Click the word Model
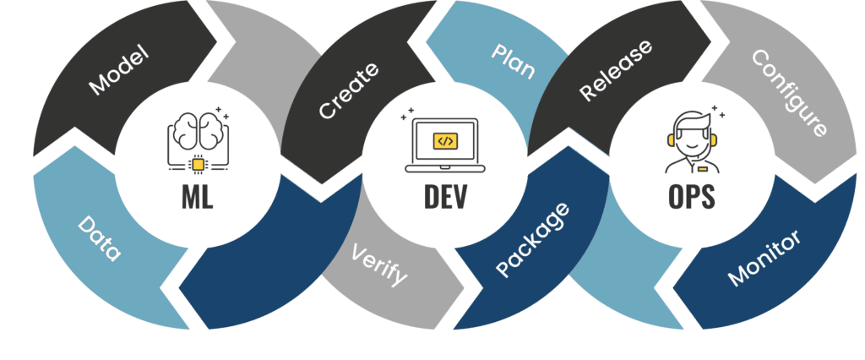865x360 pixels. point(118,71)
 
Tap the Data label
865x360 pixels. point(100,239)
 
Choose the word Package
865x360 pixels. point(532,240)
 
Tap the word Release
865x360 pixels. point(617,71)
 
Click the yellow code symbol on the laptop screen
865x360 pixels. point(444,140)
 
